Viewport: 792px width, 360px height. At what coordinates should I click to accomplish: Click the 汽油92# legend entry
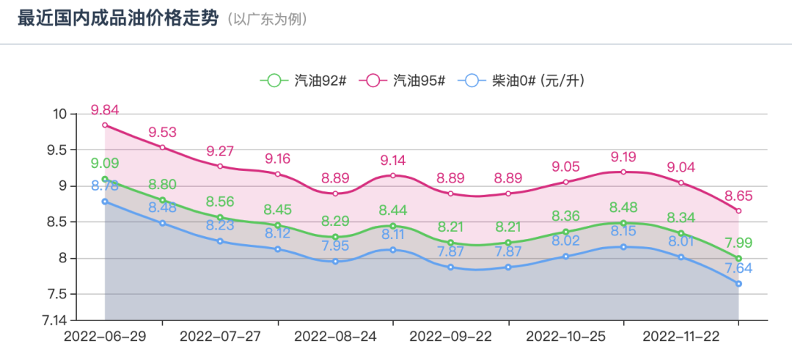[x=304, y=81]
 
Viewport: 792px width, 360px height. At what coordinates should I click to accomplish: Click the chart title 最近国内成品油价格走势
[x=117, y=18]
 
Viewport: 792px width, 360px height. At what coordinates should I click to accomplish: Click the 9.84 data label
[x=105, y=110]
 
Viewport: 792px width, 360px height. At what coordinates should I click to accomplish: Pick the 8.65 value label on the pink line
[x=738, y=196]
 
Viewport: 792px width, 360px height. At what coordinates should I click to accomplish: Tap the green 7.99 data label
[x=738, y=243]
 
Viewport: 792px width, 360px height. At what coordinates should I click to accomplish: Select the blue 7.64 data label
[x=738, y=268]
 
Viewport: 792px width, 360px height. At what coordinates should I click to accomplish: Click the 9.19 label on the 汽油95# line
[x=623, y=157]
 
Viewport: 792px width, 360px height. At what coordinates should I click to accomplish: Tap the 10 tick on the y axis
[x=59, y=114]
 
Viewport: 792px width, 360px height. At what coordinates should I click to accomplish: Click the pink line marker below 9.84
[x=105, y=125]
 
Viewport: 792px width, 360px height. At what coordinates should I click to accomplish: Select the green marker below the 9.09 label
[x=105, y=179]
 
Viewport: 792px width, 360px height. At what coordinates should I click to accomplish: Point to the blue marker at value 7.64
[x=738, y=284]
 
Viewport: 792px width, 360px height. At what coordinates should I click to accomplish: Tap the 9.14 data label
[x=393, y=161]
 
